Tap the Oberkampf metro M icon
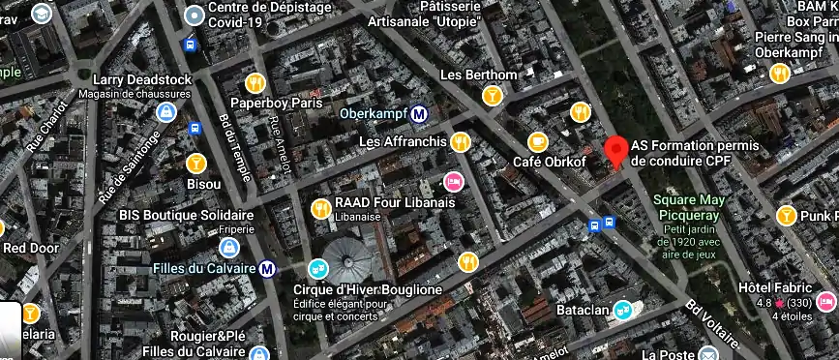tap(419, 114)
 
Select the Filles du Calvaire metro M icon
tap(268, 268)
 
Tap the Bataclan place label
tap(583, 310)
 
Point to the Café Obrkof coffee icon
tap(538, 142)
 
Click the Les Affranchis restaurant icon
tap(461, 141)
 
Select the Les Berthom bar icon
tap(493, 95)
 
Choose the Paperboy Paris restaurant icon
tap(256, 82)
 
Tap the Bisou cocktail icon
tap(196, 163)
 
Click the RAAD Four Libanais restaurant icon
tap(321, 208)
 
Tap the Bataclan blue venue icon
tap(623, 311)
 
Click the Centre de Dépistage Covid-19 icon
tap(195, 14)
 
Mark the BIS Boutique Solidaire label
tap(186, 215)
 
